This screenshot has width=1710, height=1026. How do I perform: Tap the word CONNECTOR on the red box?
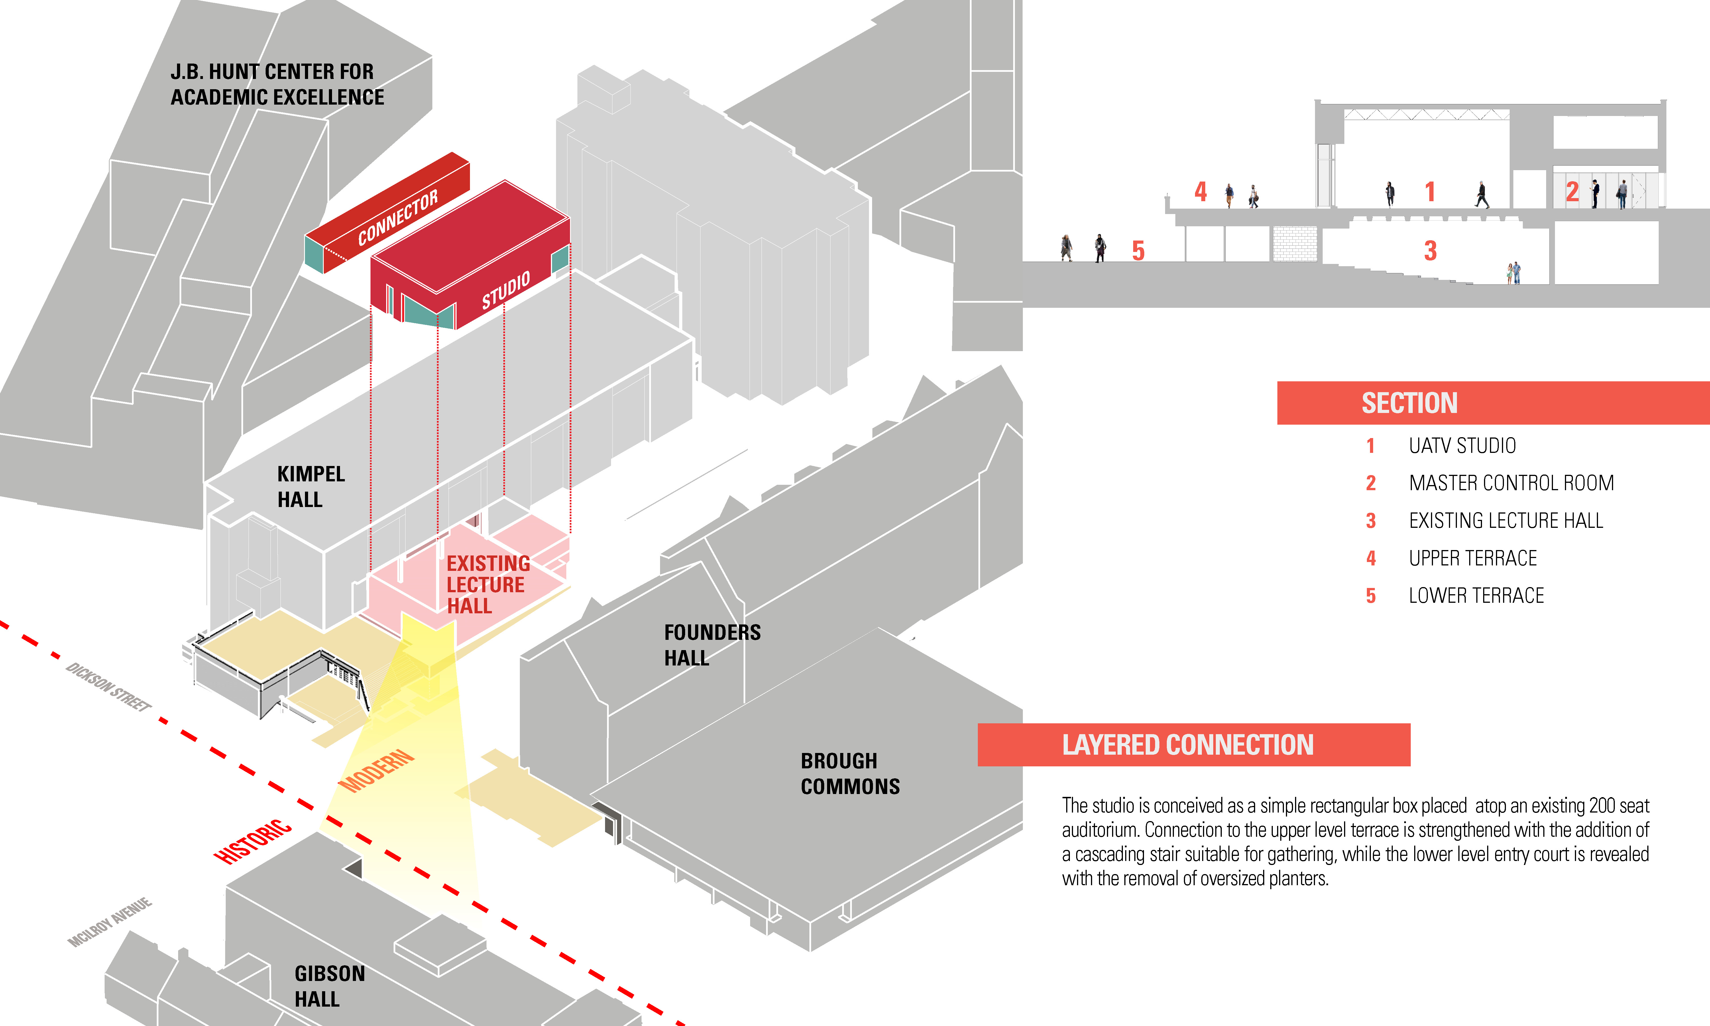point(398,218)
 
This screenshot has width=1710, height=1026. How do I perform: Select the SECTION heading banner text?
point(1409,403)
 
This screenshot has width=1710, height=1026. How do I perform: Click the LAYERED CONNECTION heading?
point(1188,745)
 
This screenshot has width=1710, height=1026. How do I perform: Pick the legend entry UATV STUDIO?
point(1462,446)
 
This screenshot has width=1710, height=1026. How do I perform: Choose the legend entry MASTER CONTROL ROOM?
point(1511,483)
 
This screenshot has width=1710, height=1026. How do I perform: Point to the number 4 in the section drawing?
point(1201,192)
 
